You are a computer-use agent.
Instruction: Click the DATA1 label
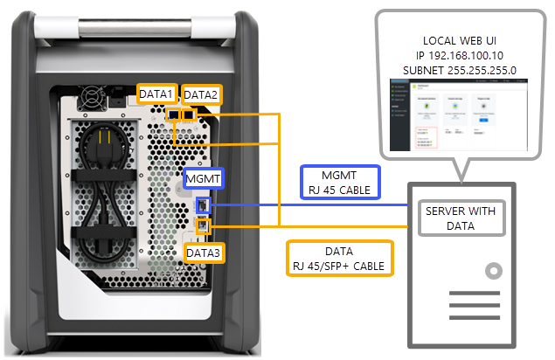158,93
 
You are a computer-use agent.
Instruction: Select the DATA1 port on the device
175,114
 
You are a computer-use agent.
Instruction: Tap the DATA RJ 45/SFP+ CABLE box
338,257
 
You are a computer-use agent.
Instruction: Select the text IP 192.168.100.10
460,54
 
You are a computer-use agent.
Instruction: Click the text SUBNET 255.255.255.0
460,68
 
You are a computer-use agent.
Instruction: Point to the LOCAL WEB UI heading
460,40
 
